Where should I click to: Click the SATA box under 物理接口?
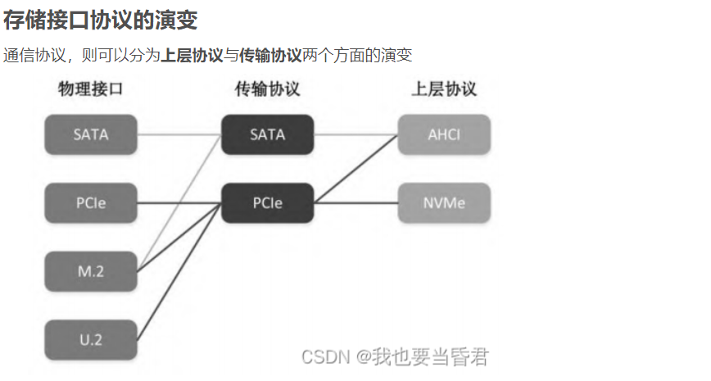[x=91, y=134]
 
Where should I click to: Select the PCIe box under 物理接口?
[x=91, y=203]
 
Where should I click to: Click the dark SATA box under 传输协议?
[x=267, y=134]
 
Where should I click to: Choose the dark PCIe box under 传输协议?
[x=267, y=203]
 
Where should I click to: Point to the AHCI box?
[x=444, y=134]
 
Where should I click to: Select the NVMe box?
[x=444, y=203]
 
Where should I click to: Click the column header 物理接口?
[x=91, y=88]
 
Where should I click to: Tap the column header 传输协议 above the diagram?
[x=267, y=88]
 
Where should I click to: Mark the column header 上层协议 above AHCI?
[x=444, y=88]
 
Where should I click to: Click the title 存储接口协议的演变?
[x=100, y=20]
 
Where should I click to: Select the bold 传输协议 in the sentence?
[x=270, y=56]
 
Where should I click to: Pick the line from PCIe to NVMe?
[x=356, y=203]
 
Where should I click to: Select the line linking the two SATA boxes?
[x=179, y=134]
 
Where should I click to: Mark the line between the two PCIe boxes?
[x=179, y=203]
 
